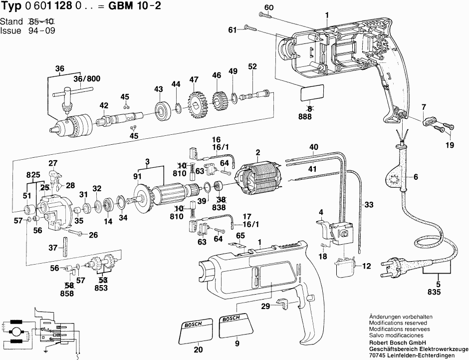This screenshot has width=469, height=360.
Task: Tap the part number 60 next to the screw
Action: click(x=269, y=7)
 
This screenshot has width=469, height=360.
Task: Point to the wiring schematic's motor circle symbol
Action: click(x=15, y=332)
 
